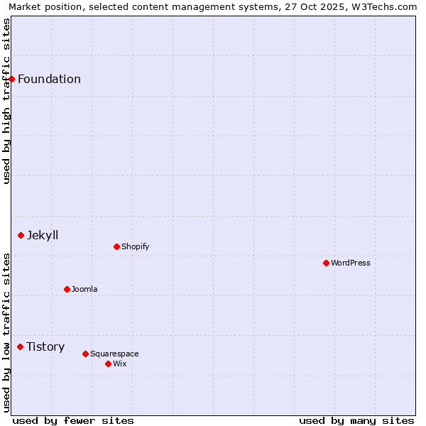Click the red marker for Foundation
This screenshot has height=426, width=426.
pos(12,79)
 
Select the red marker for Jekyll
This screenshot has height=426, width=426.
pos(21,235)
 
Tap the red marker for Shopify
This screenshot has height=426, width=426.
pos(116,246)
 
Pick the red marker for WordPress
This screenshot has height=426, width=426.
pos(326,263)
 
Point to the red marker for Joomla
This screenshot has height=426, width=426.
pos(67,289)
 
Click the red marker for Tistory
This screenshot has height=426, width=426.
pos(21,346)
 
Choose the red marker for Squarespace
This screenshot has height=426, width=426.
pos(85,354)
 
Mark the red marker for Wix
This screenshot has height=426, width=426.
pos(108,364)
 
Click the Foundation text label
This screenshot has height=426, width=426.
pos(49,79)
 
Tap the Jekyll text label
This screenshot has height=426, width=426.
pos(43,235)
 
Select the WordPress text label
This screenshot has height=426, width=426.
pos(351,263)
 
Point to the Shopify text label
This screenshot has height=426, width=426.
pos(135,246)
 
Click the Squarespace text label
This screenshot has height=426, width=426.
pos(114,354)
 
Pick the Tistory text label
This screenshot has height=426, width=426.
pos(45,346)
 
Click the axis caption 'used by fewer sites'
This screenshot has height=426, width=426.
pos(73,420)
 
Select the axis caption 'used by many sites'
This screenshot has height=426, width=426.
pos(356,420)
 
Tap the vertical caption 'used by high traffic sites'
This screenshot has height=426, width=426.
pos(6,101)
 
